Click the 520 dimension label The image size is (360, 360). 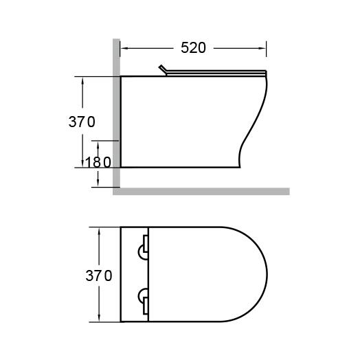(x=193, y=48)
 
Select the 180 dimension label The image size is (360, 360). (x=98, y=162)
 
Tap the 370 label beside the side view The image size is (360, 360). (x=82, y=122)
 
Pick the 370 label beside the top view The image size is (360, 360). (x=99, y=275)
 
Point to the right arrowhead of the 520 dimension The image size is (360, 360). (x=262, y=48)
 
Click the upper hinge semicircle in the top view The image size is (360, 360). (x=141, y=252)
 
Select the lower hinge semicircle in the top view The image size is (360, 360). (x=141, y=296)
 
